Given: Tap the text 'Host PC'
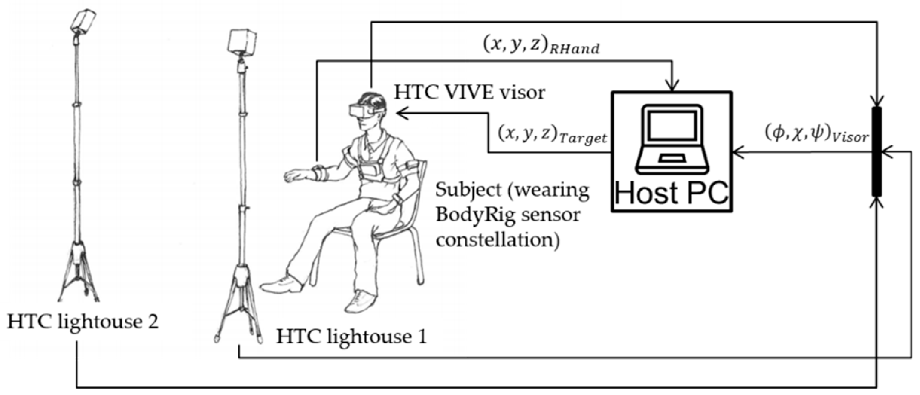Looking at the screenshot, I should point(672,193).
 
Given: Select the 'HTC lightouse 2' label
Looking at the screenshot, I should point(83,322).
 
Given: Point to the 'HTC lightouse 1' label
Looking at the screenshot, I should point(351,336).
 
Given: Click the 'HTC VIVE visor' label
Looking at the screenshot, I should point(469,92).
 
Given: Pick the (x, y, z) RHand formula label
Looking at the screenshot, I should point(541,46).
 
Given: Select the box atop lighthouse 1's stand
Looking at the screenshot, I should point(242,41).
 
